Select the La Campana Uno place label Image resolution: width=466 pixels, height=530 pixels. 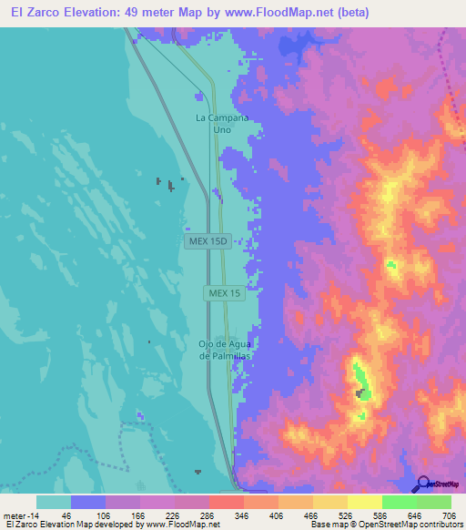(221, 124)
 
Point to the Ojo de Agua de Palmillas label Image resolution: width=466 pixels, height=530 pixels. (224, 350)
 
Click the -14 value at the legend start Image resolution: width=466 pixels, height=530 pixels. (34, 515)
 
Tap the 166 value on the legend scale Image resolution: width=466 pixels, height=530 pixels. (139, 515)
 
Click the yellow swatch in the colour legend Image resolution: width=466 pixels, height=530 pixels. (364, 502)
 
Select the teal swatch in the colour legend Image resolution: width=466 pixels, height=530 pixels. (54, 502)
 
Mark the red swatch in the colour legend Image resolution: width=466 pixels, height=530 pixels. (226, 502)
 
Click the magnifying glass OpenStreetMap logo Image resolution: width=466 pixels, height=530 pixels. (424, 484)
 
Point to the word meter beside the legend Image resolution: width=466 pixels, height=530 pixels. (14, 515)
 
